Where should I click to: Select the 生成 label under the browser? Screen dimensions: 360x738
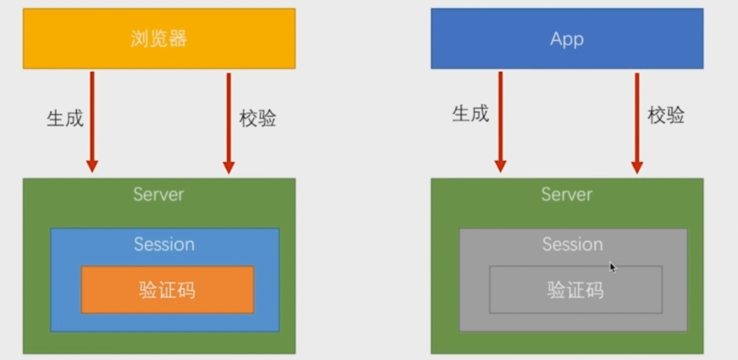[65, 119]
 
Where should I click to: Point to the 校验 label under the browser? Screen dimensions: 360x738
[258, 119]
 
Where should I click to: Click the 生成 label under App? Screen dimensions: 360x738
[471, 114]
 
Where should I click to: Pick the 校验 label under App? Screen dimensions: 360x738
[666, 115]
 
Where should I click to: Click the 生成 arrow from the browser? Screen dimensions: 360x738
[92, 114]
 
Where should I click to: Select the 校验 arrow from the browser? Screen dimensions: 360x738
[228, 114]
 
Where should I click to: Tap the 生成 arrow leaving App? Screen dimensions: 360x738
[500, 114]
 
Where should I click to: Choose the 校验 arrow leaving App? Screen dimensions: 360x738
[637, 114]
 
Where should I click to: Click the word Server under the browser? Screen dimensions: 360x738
[158, 194]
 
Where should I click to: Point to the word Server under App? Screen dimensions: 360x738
[566, 194]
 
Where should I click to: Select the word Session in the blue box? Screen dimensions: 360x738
[164, 244]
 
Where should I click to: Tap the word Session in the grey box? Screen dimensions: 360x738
[572, 244]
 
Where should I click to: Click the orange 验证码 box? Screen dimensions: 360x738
[168, 290]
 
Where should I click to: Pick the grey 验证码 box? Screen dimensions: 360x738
[576, 290]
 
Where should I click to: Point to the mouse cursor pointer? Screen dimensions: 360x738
[612, 267]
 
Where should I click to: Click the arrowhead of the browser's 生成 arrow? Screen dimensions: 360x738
[92, 166]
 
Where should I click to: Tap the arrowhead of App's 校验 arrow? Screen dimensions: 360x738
[637, 166]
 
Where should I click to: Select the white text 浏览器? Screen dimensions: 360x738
[159, 39]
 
